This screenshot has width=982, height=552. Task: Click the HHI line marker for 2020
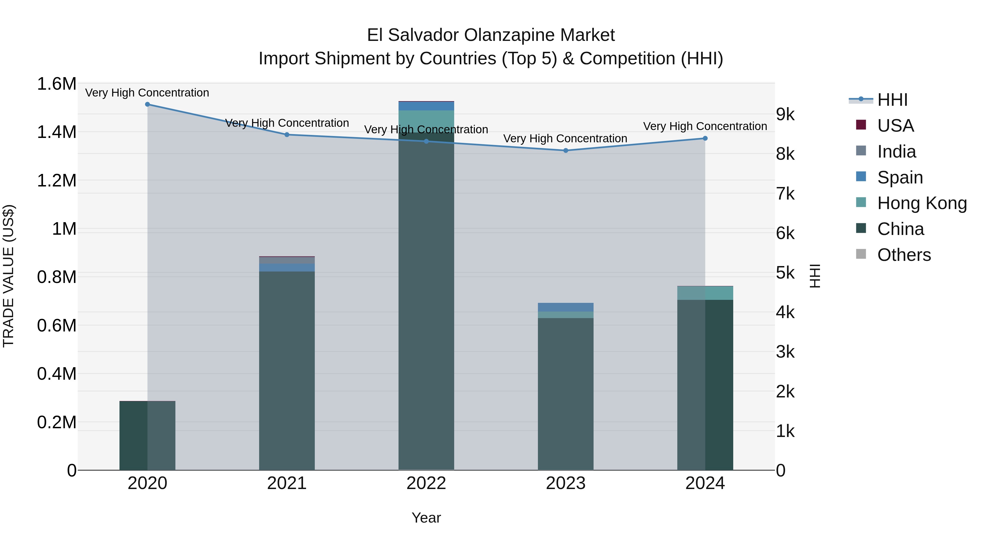tap(148, 104)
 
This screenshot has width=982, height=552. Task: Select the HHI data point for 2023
tap(566, 150)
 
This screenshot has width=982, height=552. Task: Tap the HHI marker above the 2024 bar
tap(705, 138)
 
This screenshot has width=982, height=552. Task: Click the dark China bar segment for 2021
tap(287, 370)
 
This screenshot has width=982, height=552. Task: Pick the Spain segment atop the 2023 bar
tap(566, 307)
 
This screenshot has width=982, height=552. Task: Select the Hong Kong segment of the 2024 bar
tap(705, 293)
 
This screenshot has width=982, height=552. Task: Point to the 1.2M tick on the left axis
tap(57, 180)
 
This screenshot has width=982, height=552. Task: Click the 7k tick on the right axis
tap(785, 194)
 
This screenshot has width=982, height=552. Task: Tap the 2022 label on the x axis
tap(426, 483)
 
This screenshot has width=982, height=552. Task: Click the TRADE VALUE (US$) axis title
tap(8, 276)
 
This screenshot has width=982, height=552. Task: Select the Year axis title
tap(426, 518)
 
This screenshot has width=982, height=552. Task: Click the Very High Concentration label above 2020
tap(147, 93)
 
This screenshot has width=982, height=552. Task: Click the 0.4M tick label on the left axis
tap(57, 374)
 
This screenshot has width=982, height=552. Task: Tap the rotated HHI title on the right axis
tap(814, 276)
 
